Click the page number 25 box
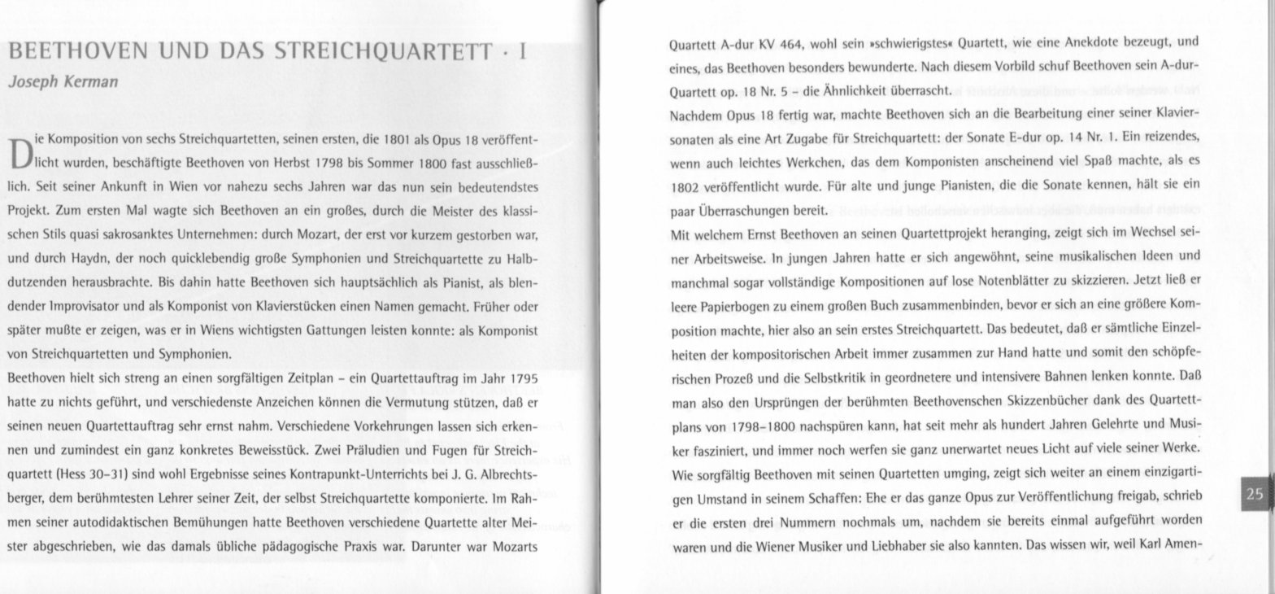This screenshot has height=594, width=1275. click(1255, 494)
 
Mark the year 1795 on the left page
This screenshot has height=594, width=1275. click(520, 379)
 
